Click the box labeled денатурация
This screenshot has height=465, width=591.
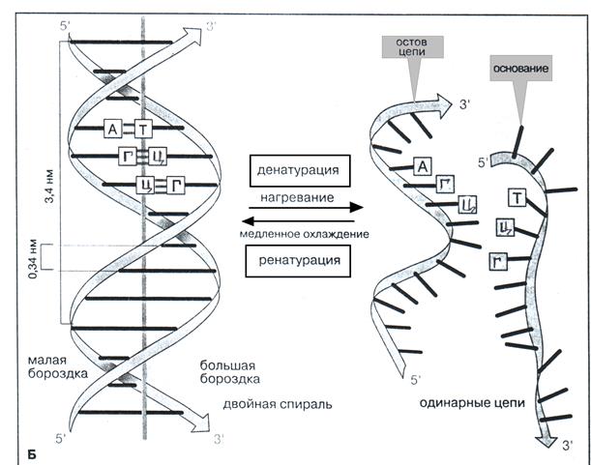[x=297, y=170]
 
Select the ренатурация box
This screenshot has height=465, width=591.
[x=297, y=260]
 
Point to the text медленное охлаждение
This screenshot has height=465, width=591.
[x=297, y=233]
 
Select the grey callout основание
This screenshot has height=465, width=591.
[x=519, y=72]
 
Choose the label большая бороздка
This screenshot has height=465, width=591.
[x=228, y=372]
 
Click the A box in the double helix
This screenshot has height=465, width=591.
[x=114, y=130]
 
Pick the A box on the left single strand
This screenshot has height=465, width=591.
[x=422, y=167]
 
